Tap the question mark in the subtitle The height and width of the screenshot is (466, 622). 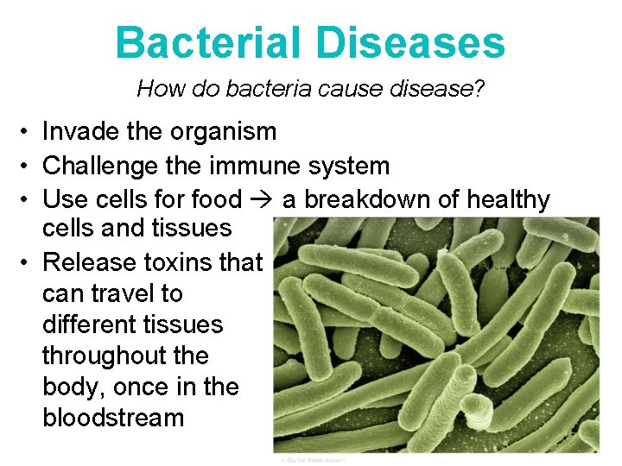point(479,88)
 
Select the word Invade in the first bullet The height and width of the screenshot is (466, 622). point(79,131)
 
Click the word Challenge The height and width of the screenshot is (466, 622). point(98,166)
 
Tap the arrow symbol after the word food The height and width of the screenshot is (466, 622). point(262,200)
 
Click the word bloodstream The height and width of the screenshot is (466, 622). point(113,418)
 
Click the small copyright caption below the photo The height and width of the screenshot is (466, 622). point(313,459)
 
